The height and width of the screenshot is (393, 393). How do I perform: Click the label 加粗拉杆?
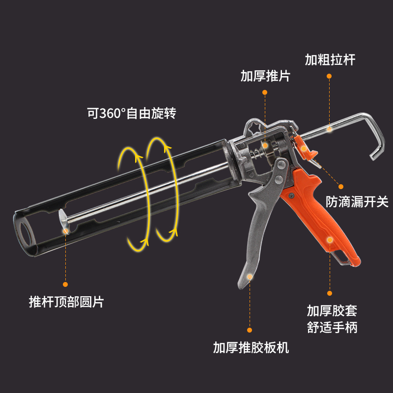(x=330, y=60)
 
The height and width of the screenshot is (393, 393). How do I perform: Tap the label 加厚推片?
(x=265, y=76)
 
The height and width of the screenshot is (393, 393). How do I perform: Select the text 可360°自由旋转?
(x=131, y=113)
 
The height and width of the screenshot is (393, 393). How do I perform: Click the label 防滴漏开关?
(x=357, y=202)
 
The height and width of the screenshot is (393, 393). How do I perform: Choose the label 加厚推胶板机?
(x=251, y=348)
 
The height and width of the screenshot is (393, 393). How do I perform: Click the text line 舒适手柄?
(x=332, y=327)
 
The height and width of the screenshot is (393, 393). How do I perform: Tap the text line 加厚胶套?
(x=332, y=310)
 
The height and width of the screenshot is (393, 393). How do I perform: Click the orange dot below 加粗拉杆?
(x=329, y=76)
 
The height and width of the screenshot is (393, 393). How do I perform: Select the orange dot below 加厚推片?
(x=265, y=92)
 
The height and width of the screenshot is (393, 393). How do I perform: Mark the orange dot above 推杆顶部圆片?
(x=65, y=284)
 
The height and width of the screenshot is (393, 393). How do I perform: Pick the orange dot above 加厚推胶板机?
(x=250, y=330)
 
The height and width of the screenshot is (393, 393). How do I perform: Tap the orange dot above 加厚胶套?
(x=330, y=293)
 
